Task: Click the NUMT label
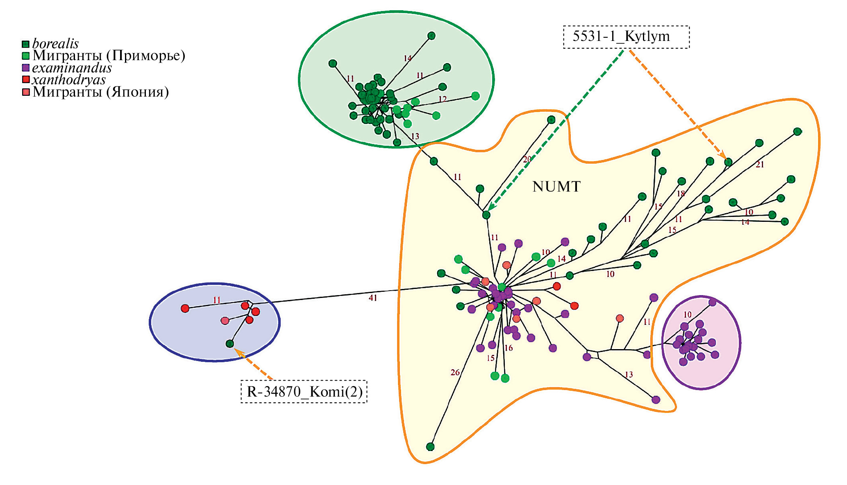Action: click(556, 187)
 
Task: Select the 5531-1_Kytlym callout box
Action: click(626, 37)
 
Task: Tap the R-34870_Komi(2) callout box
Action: click(304, 392)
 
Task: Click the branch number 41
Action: click(372, 298)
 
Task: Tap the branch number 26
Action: click(455, 372)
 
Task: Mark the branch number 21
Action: click(760, 165)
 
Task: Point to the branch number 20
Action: click(527, 159)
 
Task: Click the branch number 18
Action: click(681, 194)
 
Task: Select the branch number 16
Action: click(509, 348)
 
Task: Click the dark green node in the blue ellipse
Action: click(230, 344)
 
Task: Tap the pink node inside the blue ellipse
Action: click(225, 320)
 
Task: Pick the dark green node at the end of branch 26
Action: click(430, 447)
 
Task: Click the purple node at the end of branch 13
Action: click(656, 399)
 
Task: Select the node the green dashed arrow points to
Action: click(486, 215)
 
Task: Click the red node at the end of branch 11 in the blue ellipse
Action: click(185, 308)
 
